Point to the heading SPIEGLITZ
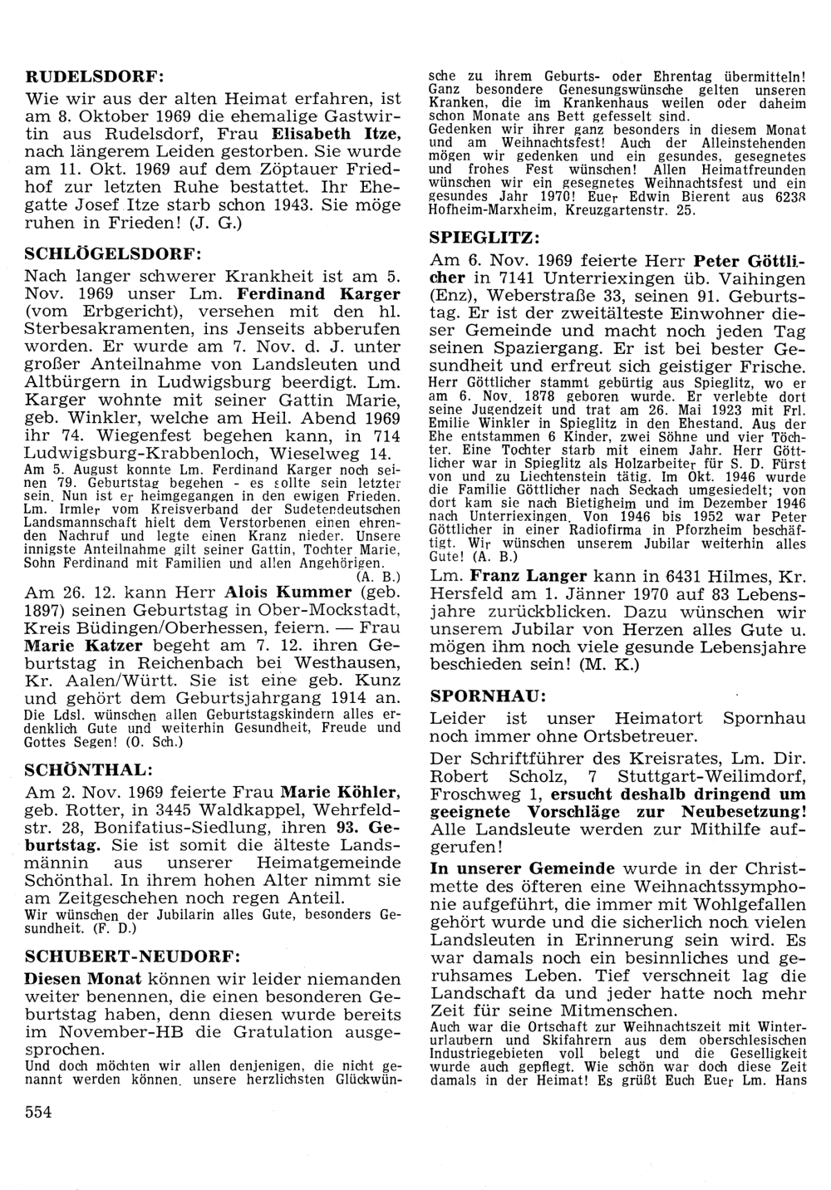[480, 237]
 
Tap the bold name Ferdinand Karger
[318, 294]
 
